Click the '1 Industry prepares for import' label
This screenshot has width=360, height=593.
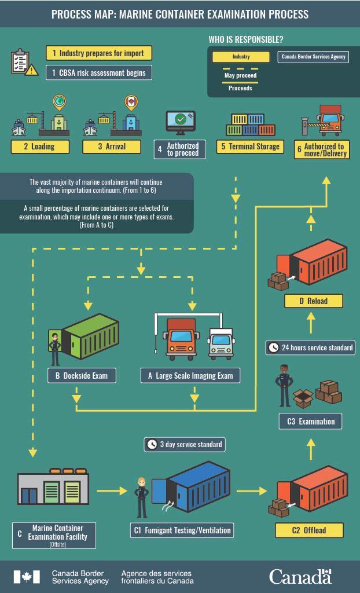[x=98, y=53]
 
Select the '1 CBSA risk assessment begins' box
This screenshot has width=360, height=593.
[x=98, y=73]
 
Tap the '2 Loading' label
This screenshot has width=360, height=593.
[x=40, y=147]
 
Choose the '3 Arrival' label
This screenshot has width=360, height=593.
[x=111, y=147]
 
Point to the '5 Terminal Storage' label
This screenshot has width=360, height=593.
[x=251, y=147]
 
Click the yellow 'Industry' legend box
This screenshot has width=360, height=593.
[x=241, y=57]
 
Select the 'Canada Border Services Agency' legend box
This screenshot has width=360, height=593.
[x=313, y=57]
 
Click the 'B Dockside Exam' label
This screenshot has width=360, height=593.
[x=82, y=376]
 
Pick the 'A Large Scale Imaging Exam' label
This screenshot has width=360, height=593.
[x=190, y=376]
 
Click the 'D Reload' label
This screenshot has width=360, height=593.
[x=314, y=301]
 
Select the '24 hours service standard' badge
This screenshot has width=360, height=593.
[x=310, y=348]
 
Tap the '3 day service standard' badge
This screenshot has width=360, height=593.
[x=184, y=444]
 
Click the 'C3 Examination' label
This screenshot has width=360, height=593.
[x=310, y=421]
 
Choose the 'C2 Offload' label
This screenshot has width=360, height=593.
[x=309, y=530]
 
